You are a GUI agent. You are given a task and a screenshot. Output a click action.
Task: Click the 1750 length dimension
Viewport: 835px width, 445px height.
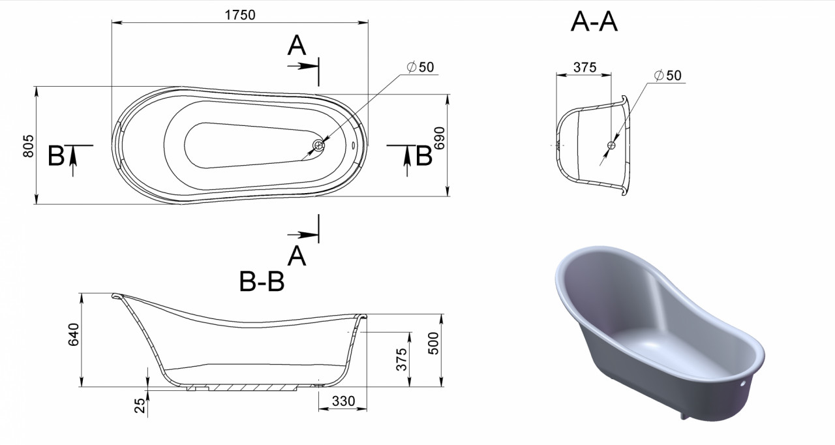pos(240,15)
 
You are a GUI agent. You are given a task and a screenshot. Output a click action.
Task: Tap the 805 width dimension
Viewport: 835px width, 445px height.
pos(28,146)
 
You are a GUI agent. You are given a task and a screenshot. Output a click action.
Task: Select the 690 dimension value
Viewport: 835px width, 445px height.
pos(440,138)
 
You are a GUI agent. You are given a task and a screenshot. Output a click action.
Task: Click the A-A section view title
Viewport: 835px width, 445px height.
pos(594,22)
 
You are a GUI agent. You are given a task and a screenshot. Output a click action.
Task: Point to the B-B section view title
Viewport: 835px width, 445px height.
pos(262,281)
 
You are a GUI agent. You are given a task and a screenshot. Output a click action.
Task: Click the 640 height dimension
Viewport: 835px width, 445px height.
pos(74,335)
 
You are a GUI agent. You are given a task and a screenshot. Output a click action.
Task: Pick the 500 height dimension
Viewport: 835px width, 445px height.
pos(434,343)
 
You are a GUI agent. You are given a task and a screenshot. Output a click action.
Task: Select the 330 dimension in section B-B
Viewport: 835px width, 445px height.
pos(343,401)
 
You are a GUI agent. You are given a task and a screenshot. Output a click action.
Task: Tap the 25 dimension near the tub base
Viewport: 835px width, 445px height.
pos(140,405)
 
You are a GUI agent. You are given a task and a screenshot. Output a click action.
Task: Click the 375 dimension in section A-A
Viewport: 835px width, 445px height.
pos(585,67)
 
